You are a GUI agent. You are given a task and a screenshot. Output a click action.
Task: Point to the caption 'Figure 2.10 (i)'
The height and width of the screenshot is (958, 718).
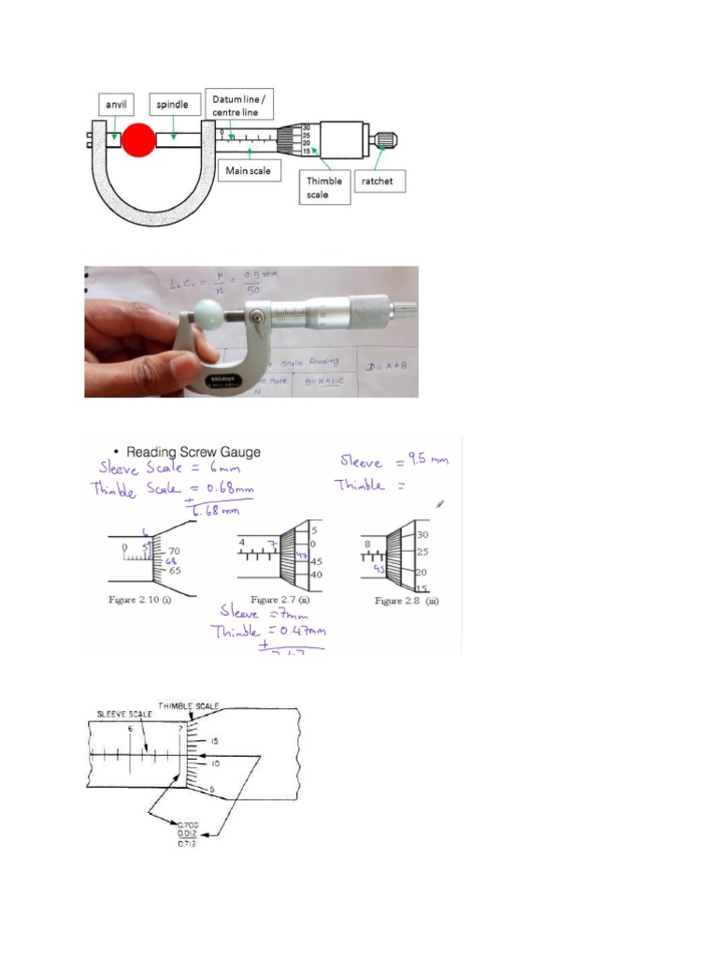click(143, 599)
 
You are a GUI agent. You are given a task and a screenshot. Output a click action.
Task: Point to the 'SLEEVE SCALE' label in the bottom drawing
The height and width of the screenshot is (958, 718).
click(125, 714)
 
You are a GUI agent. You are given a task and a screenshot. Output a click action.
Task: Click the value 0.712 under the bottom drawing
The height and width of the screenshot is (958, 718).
click(187, 844)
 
